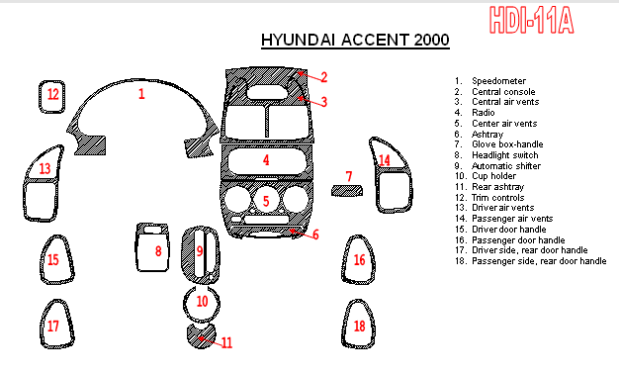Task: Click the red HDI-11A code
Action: pyautogui.click(x=531, y=20)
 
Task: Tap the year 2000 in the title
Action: pyautogui.click(x=431, y=40)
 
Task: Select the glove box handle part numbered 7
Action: pyautogui.click(x=347, y=190)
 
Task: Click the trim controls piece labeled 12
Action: pyautogui.click(x=42, y=97)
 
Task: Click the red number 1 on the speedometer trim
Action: pyautogui.click(x=141, y=94)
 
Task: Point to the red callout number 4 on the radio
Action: pyautogui.click(x=266, y=160)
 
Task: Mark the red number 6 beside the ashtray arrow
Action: pyautogui.click(x=315, y=235)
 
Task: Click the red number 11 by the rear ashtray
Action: pyautogui.click(x=227, y=342)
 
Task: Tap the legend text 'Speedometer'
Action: pyautogui.click(x=498, y=81)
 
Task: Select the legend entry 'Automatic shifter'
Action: pyautogui.click(x=506, y=166)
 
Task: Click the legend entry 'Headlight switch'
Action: pyautogui.click(x=505, y=155)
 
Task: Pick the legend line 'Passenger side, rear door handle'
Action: pyautogui.click(x=539, y=261)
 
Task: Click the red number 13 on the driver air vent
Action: pyautogui.click(x=45, y=168)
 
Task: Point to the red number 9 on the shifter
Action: pyautogui.click(x=200, y=250)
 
